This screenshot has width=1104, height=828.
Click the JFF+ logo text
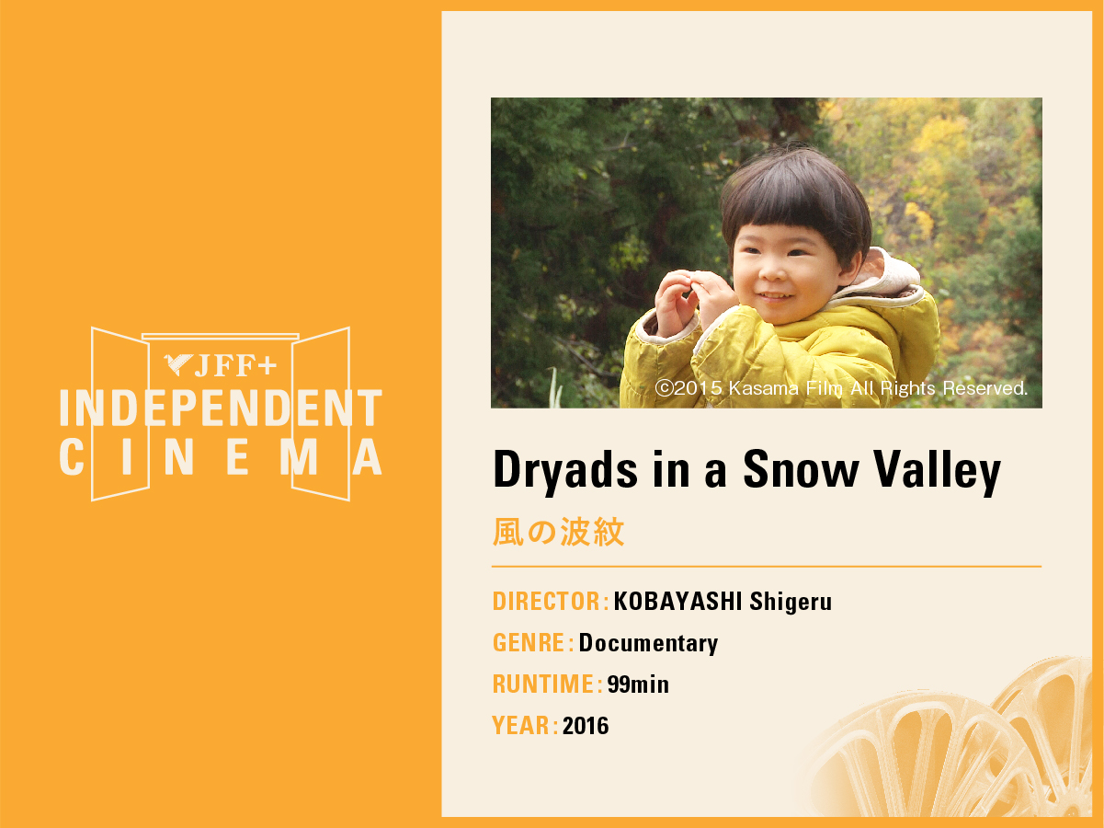tap(235, 365)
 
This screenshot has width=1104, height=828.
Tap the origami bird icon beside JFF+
tap(178, 364)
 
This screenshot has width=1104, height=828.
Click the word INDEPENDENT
tap(221, 408)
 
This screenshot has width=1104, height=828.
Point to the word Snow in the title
tap(802, 469)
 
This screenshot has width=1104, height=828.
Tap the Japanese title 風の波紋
tap(558, 532)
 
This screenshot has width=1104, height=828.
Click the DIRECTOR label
tap(547, 601)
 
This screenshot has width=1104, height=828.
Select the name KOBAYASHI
tap(677, 601)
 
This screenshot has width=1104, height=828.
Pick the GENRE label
tap(529, 643)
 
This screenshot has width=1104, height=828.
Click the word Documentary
tap(648, 644)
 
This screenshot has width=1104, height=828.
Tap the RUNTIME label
tap(543, 684)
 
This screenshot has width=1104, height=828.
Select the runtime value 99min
tap(638, 684)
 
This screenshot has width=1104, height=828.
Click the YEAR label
tap(521, 725)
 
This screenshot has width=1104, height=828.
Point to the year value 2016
tap(586, 726)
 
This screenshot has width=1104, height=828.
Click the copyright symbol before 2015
tap(664, 388)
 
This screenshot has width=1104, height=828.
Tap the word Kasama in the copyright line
tap(764, 388)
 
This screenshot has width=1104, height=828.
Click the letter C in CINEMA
tap(72, 456)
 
